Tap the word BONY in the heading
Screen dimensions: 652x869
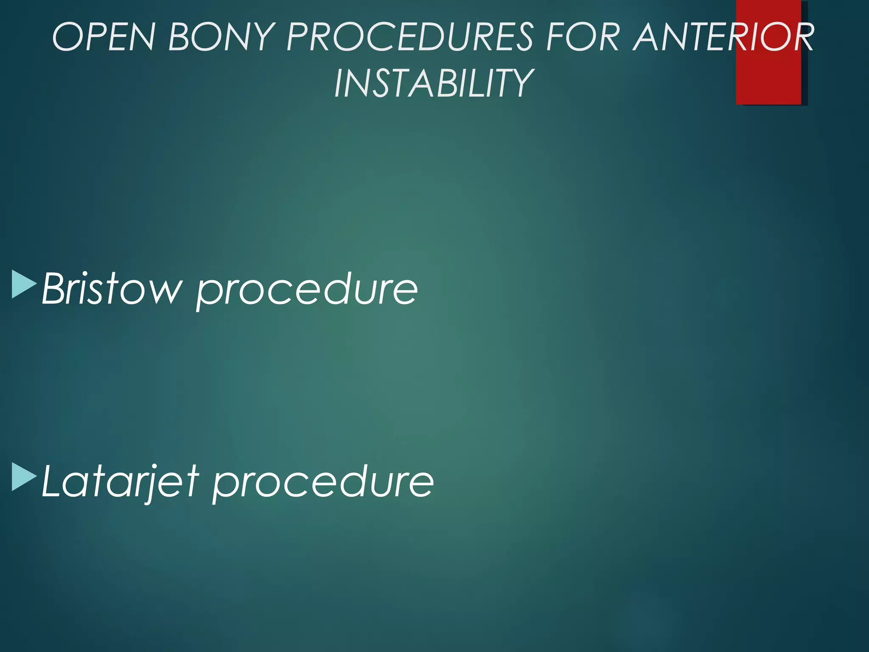[220, 37]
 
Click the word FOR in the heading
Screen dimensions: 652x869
[583, 37]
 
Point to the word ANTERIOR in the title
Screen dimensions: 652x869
[723, 37]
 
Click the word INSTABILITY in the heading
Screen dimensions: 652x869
[434, 83]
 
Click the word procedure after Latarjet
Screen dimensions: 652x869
[323, 483]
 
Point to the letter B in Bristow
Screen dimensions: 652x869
[55, 289]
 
